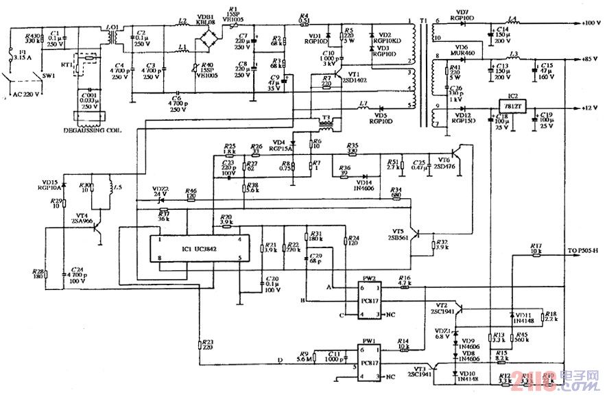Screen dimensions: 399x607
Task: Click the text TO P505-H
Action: tap(583, 250)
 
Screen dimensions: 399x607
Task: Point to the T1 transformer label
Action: tap(422, 20)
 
